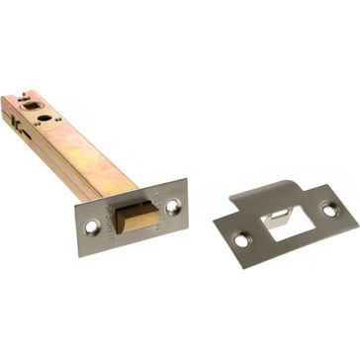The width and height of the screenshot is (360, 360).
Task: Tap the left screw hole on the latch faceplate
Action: (x=92, y=226)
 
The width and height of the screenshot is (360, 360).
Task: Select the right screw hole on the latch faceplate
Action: (x=173, y=206)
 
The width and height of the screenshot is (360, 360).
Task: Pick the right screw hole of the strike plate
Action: (x=328, y=210)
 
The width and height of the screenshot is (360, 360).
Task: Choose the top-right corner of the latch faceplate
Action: (x=185, y=181)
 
